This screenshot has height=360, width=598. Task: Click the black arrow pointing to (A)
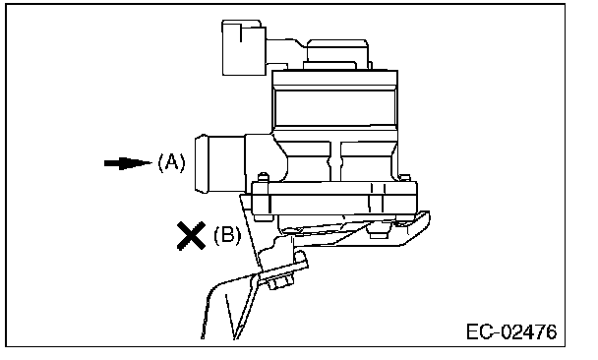[x=128, y=163]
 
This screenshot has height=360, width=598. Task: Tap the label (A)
[x=171, y=163]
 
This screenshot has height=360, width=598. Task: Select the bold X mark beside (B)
[x=192, y=236]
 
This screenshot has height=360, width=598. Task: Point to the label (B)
[x=227, y=235]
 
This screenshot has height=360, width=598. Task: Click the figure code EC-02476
[x=511, y=331]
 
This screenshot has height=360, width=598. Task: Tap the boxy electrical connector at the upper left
[x=244, y=48]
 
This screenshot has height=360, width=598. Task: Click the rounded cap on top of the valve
[x=337, y=53]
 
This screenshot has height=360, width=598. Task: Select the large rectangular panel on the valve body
[x=335, y=108]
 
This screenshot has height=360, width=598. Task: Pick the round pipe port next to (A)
[x=219, y=163]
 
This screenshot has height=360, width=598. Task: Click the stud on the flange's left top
[x=263, y=178]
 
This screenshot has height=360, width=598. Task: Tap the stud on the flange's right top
[x=404, y=178]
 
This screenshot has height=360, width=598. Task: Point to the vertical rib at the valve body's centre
[x=335, y=161]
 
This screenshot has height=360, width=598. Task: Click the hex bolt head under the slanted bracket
[x=281, y=283]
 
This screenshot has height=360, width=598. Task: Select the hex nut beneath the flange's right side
[x=379, y=231]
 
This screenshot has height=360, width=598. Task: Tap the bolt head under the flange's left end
[x=264, y=217]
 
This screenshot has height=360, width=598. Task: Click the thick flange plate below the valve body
[x=334, y=198]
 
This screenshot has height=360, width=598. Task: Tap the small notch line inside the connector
[x=241, y=33]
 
